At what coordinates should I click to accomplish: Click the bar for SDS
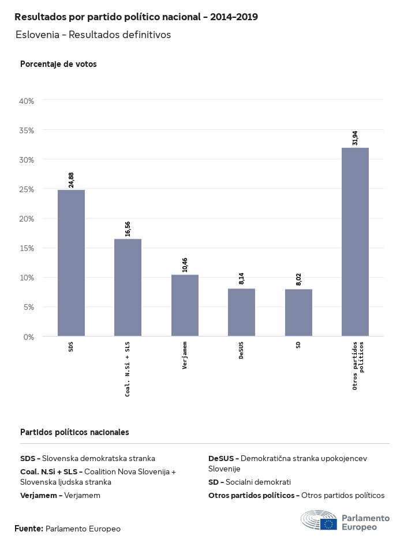[x=71, y=263]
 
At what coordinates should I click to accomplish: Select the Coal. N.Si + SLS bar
[x=128, y=287]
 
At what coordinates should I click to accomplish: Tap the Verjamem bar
[x=185, y=305]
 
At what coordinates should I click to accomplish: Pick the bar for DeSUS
[x=241, y=312]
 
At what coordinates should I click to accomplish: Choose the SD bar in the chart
[x=298, y=312]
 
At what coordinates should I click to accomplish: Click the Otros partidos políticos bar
[x=355, y=242]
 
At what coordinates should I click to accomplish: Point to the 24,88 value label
[x=72, y=180]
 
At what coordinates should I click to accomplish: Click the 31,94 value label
[x=355, y=138]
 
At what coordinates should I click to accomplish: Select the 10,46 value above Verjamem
[x=185, y=265]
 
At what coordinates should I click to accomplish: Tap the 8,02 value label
[x=298, y=279]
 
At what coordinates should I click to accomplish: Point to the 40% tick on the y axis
[x=27, y=101]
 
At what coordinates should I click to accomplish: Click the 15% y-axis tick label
[x=27, y=248]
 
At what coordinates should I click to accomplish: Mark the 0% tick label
[x=29, y=336]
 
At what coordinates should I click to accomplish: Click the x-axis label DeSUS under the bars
[x=241, y=350]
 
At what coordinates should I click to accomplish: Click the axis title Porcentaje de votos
[x=58, y=64]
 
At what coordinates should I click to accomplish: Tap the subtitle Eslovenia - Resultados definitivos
[x=93, y=35]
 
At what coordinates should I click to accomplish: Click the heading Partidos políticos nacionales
[x=74, y=432]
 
